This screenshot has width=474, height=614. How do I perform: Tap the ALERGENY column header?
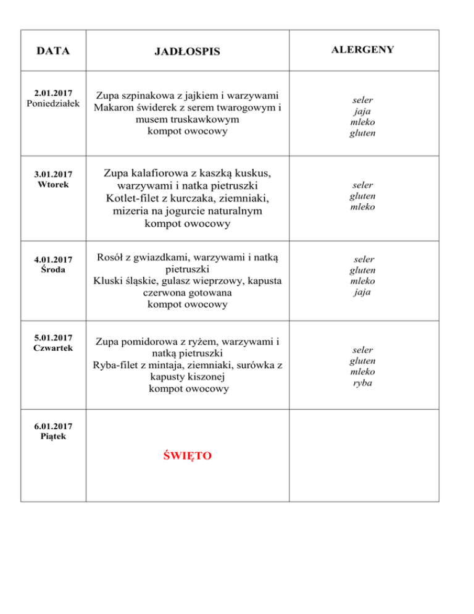coord(362,49)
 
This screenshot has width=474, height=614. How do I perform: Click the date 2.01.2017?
coord(52,93)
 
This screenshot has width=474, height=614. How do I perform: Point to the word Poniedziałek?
coord(52,103)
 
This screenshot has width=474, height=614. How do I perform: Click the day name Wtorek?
coord(52,184)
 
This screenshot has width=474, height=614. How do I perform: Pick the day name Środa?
coord(52,269)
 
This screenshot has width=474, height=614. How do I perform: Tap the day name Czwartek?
coord(52,348)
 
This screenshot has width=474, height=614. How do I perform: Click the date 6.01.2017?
coord(52,426)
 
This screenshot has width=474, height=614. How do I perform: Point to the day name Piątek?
coord(52,436)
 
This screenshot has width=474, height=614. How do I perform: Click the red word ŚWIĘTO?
coord(187,456)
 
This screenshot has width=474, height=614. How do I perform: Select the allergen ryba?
coord(362,383)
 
